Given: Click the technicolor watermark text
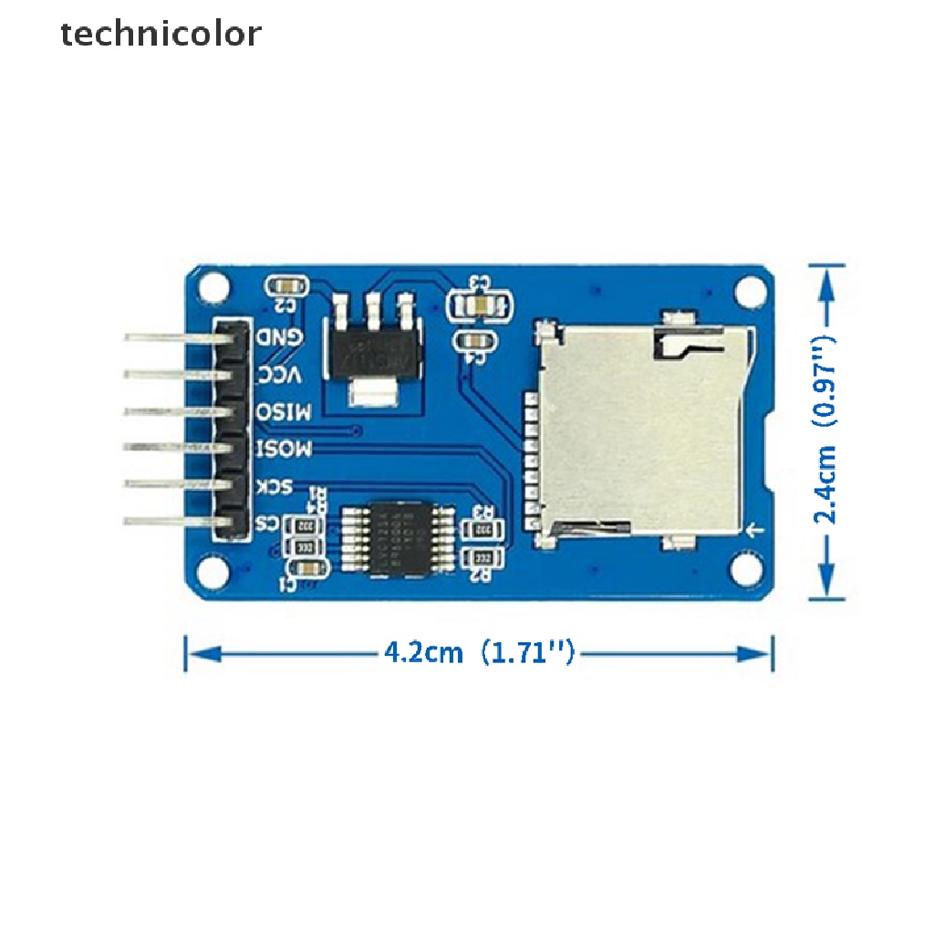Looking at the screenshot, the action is tap(161, 35).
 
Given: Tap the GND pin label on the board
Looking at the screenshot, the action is tap(279, 337).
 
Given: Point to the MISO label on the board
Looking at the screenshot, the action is tap(285, 411).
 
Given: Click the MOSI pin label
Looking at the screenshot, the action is tap(285, 449).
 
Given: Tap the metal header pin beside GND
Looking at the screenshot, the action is tap(173, 337).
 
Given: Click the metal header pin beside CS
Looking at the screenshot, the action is tap(173, 523).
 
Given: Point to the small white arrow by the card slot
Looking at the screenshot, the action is tap(753, 530).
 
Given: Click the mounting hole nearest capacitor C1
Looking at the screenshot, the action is tap(213, 571).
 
